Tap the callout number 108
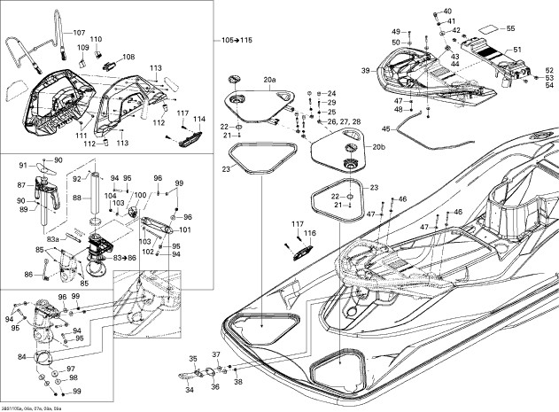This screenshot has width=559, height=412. [x=128, y=57]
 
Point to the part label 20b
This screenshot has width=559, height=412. [x=379, y=146]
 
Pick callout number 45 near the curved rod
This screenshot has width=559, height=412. [x=385, y=130]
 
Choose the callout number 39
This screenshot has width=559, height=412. [x=365, y=69]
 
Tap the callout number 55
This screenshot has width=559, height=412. [x=509, y=28]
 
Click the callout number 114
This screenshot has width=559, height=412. [x=199, y=119]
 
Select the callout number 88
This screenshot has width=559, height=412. [x=76, y=198]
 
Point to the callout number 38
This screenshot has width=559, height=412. [x=237, y=382]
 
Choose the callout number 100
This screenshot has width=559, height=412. [x=140, y=194]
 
